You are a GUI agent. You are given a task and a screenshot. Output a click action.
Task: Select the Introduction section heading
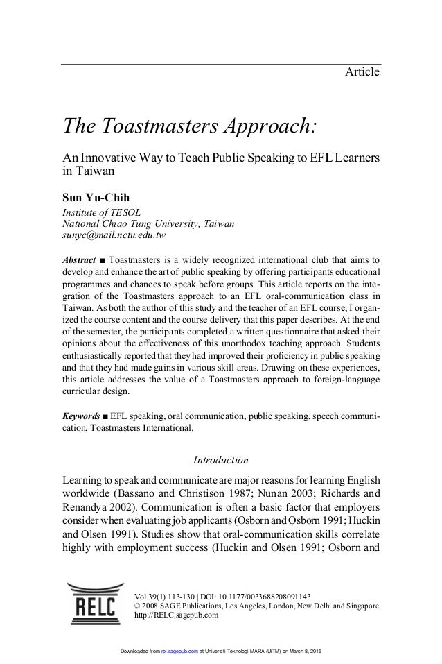(220, 460)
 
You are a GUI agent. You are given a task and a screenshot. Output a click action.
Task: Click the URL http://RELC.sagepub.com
(176, 615)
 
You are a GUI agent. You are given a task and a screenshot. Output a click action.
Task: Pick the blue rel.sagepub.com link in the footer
(182, 653)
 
